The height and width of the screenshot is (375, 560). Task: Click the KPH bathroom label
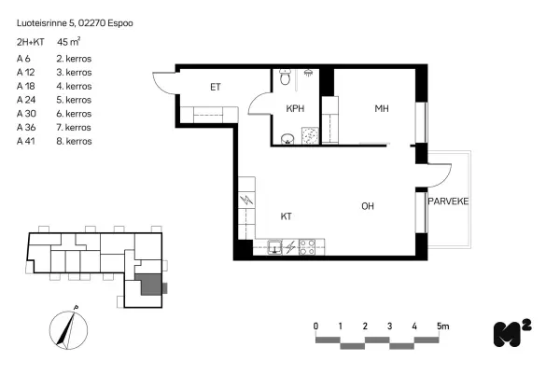tap(295, 108)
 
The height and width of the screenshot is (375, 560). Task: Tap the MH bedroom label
tap(382, 108)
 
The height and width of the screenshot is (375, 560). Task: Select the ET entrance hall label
tap(216, 87)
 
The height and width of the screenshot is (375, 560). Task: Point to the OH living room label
tap(368, 206)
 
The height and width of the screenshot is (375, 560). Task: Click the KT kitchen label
tap(287, 216)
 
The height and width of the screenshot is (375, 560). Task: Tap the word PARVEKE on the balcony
tap(448, 201)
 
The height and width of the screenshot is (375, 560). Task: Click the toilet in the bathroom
tap(285, 76)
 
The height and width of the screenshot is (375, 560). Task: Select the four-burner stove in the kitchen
tap(307, 246)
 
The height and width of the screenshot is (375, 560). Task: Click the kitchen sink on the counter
tap(274, 247)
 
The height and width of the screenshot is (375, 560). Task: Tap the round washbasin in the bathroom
tap(287, 139)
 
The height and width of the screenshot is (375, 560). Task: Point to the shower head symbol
tap(308, 73)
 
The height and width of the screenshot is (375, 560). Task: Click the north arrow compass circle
tap(68, 330)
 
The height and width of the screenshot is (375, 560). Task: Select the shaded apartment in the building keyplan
tap(148, 285)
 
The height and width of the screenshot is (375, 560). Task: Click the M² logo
tap(512, 333)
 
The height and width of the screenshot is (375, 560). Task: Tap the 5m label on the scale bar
tap(442, 326)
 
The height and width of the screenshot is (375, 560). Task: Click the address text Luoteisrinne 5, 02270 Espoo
tap(75, 23)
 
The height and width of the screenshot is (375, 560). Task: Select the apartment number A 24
tap(26, 100)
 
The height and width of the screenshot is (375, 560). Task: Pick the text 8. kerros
tap(74, 141)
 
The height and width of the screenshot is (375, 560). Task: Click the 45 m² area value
tap(68, 42)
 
